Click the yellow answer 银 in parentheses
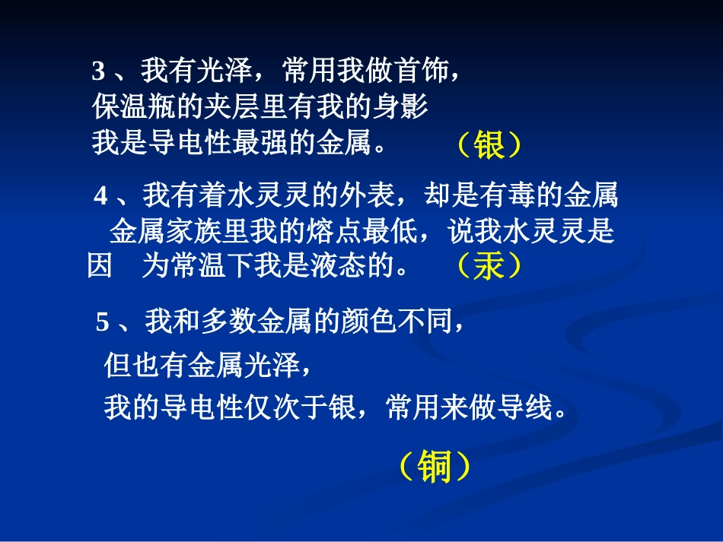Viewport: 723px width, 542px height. (489, 145)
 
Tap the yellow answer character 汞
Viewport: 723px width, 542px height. (489, 266)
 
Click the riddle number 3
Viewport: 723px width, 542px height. (98, 73)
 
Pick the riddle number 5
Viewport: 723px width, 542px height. (103, 323)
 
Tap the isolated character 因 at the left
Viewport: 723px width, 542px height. (100, 267)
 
